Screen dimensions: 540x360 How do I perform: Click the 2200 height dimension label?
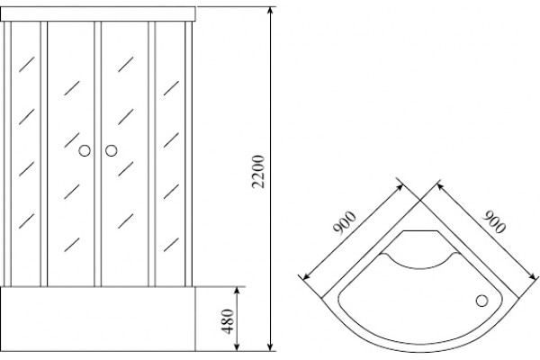[x=258, y=172]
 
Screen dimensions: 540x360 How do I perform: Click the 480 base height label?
[x=228, y=321]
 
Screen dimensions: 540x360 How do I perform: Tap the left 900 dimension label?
[x=344, y=223]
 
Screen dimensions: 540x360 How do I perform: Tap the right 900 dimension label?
[x=494, y=222]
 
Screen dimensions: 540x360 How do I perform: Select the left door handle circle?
[x=85, y=150]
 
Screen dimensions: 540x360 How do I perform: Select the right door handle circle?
[x=112, y=150]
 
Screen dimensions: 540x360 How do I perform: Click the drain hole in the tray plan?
[x=481, y=301]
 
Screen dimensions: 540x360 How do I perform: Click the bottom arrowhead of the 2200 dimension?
[x=270, y=346]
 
